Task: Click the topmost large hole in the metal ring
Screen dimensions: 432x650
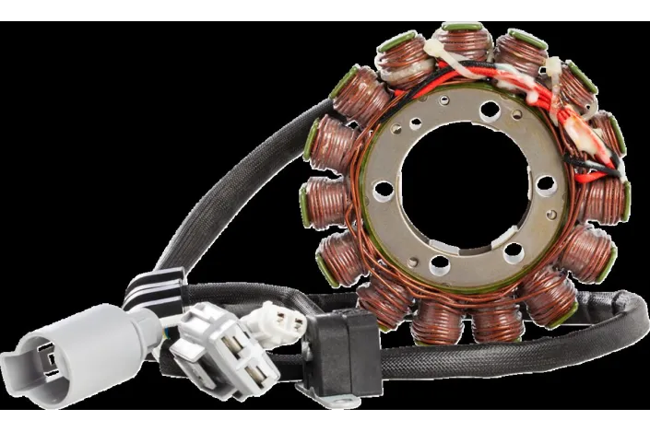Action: pyautogui.click(x=490, y=111)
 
